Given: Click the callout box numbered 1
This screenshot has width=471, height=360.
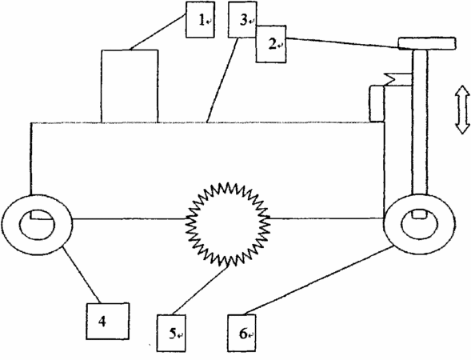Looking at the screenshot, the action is tap(200, 19).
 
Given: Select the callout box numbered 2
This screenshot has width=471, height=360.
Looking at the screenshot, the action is tap(271, 44).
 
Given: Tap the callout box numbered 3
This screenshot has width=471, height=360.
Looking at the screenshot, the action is tap(242, 19).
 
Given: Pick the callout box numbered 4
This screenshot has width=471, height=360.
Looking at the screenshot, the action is tap(107, 322).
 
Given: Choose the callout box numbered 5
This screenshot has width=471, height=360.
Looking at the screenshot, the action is tap(171, 333).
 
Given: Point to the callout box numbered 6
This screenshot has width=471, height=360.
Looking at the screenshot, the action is tap(241, 333).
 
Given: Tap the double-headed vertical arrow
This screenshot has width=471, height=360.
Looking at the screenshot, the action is tap(462, 110).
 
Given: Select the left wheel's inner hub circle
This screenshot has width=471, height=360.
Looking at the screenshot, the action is tap(37, 225).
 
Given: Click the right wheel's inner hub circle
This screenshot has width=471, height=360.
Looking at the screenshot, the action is tap(420, 224).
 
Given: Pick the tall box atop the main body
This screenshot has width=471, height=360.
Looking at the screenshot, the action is tap(130, 86).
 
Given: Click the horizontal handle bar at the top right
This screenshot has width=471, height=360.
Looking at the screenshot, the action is tap(427, 43).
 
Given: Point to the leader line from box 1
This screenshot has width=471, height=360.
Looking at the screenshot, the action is tap(158, 33).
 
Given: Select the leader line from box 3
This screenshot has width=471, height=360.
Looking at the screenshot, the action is tap(222, 80).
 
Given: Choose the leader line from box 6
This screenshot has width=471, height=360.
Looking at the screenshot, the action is tap(319, 280).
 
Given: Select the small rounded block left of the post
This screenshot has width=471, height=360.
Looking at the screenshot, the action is tap(377, 104).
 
